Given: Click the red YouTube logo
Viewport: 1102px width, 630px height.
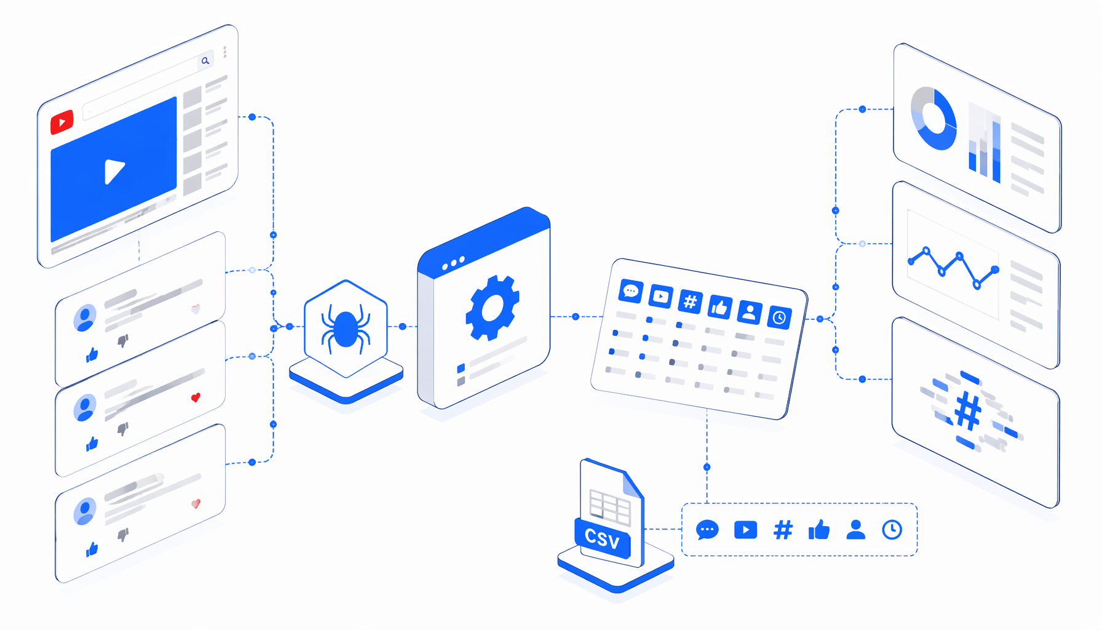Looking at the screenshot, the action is [61, 122].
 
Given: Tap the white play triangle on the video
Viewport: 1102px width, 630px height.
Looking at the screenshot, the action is [114, 171].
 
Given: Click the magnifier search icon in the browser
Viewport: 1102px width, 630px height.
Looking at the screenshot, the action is [205, 60].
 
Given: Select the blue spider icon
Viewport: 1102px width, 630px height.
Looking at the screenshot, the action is [346, 329].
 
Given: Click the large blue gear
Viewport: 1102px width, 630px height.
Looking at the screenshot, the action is [492, 308].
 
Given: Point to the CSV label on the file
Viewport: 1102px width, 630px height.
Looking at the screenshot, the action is [602, 538].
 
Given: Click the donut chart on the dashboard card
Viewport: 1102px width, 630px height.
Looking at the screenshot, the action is [934, 118].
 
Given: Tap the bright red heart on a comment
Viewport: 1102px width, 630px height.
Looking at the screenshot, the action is [196, 397].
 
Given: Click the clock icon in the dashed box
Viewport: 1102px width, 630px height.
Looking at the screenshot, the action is [892, 530].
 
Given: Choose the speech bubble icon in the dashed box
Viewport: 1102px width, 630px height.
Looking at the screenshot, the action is [707, 530].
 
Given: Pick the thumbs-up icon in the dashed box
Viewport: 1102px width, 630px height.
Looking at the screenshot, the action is [819, 529].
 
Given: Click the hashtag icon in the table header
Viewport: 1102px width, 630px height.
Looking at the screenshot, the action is [690, 301].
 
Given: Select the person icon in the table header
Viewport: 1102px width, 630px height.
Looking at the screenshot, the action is [749, 312].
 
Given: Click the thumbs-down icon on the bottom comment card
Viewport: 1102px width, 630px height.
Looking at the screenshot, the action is [123, 534].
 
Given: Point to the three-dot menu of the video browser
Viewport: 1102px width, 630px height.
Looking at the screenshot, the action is [225, 52].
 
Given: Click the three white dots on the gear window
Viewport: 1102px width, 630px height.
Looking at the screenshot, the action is [454, 263].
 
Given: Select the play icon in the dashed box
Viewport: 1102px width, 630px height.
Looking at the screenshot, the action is [745, 530].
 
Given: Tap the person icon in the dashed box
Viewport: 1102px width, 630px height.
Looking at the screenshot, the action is [855, 529].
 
